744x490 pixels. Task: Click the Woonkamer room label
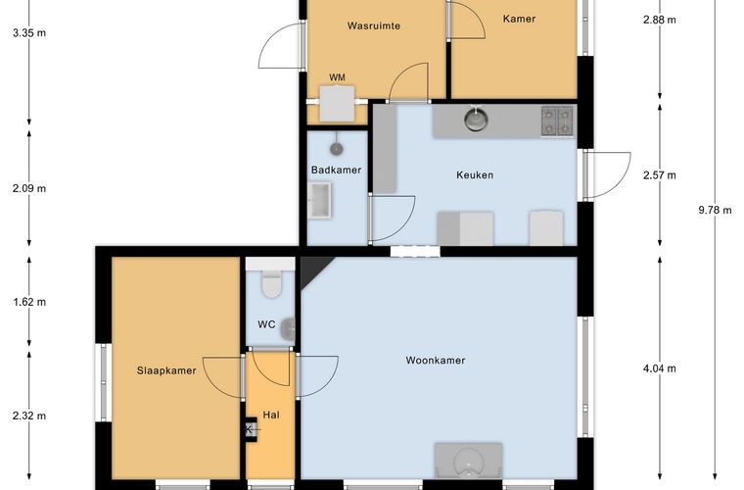coord(435,361)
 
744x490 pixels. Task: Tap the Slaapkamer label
coord(166,370)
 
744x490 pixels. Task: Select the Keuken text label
coord(475,175)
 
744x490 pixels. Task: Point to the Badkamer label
coord(336,170)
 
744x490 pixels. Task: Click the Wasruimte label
coord(374,25)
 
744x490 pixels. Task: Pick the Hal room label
coord(271,415)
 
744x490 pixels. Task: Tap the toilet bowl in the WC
coord(271,283)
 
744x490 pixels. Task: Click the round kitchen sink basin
coord(475,120)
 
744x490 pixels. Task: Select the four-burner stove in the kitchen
coord(557,122)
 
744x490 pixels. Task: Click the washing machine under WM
coord(337,104)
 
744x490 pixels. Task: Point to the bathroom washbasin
coord(320,200)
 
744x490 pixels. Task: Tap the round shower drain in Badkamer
coord(337,149)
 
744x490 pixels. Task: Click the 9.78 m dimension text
coord(715,210)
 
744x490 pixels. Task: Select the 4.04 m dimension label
coord(660,368)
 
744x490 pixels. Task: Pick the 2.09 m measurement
coord(29,188)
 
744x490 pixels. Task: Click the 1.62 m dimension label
coord(29,302)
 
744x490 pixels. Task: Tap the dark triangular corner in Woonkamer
coord(311,269)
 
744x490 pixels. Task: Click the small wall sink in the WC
coord(288,329)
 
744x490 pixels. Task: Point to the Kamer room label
coord(519,19)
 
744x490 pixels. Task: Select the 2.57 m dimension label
coord(660,175)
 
